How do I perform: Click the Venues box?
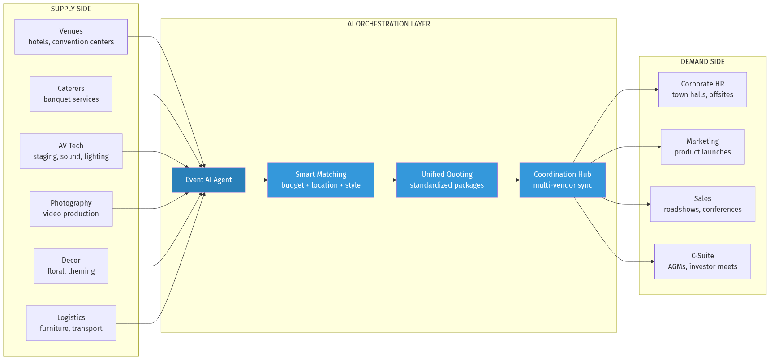point(71,37)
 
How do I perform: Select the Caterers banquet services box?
point(71,94)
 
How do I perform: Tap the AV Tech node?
point(71,151)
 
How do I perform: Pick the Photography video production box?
point(71,209)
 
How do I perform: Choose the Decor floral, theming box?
point(71,266)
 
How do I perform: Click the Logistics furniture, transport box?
point(71,323)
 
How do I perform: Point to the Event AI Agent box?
point(209,180)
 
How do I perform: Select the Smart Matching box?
point(321,180)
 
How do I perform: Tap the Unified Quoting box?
point(447,180)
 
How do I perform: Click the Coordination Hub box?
point(562,180)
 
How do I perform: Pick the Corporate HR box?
point(702,90)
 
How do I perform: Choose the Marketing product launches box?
point(702,147)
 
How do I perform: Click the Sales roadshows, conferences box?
point(702,204)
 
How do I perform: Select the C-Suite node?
point(702,261)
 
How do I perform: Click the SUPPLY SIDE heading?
point(71,9)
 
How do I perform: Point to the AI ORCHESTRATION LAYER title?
point(389,24)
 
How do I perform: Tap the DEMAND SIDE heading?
point(702,62)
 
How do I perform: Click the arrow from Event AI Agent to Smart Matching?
point(256,180)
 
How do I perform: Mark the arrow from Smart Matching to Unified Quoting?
point(385,180)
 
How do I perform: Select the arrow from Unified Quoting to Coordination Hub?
point(508,180)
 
